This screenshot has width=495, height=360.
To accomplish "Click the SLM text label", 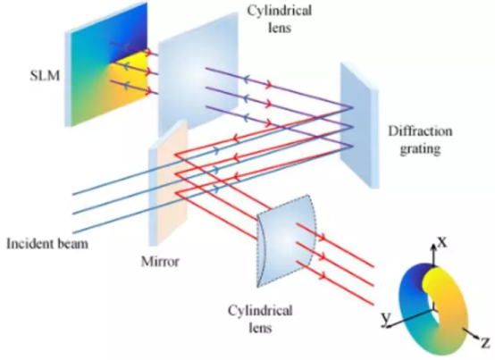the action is (x=45, y=76).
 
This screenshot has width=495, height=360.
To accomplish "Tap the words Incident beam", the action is (x=47, y=244).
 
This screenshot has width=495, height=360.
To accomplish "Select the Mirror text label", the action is (x=160, y=262).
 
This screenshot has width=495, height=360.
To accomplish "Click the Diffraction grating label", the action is (x=420, y=139).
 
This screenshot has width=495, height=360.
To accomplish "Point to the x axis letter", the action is (x=442, y=242).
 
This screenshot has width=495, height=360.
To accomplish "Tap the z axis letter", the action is (x=485, y=342).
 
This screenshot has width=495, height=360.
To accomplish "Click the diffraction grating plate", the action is (x=359, y=126).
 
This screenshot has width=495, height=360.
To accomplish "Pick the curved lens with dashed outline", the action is (x=286, y=240).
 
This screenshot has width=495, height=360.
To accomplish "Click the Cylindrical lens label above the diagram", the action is (x=280, y=19).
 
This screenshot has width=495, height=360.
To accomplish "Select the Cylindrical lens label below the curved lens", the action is (x=260, y=319).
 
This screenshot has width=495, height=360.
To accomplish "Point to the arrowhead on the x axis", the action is (x=435, y=247).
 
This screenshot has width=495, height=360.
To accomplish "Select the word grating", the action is (x=420, y=148).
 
